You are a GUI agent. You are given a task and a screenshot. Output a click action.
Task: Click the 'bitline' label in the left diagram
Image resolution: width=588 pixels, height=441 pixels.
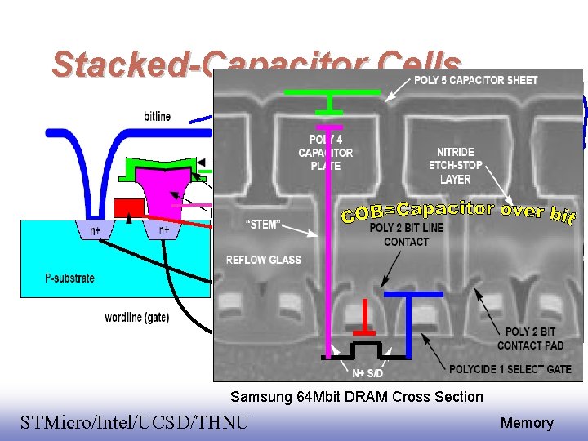click(157, 116)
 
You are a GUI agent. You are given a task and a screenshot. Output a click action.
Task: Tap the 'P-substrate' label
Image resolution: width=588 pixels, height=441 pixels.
click(69, 278)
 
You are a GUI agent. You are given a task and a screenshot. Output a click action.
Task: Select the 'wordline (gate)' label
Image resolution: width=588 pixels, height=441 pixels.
click(137, 318)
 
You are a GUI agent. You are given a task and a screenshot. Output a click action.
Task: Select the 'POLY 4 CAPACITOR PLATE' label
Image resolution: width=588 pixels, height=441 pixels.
click(326, 153)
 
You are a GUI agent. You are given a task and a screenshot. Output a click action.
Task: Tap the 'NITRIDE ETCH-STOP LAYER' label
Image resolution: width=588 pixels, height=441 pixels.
click(455, 165)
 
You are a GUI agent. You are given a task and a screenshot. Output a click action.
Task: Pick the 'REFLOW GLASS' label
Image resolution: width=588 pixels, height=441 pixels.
click(263, 260)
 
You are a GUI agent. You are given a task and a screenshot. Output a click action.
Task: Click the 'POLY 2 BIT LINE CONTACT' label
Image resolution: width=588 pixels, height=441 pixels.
click(406, 234)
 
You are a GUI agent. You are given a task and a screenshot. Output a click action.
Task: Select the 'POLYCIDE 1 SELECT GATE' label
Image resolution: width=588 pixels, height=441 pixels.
click(510, 368)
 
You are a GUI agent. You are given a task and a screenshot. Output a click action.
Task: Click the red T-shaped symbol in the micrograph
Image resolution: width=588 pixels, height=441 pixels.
click(364, 319)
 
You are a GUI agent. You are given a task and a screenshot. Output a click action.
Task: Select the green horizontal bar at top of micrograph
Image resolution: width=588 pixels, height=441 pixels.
click(332, 93)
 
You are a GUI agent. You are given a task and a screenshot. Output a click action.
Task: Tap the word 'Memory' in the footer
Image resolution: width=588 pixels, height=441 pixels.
click(527, 423)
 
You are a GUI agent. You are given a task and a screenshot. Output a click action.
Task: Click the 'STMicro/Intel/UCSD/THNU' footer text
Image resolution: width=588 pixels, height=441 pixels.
click(135, 422)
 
